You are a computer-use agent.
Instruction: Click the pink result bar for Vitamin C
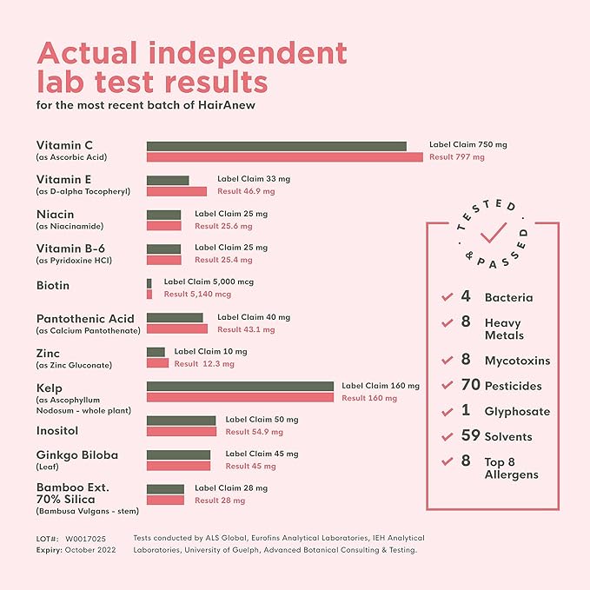[x=284, y=157]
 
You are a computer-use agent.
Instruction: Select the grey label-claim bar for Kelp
[x=240, y=386]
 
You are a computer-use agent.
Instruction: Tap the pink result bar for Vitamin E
[x=176, y=191]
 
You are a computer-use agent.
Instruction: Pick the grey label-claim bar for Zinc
[x=156, y=352]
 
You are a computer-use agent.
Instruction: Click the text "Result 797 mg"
[x=457, y=157]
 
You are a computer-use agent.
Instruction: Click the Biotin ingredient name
[x=53, y=286]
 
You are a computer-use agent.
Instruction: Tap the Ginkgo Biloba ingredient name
[x=77, y=454]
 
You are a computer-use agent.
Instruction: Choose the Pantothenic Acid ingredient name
[x=85, y=319]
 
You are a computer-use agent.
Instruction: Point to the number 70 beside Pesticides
[x=469, y=385]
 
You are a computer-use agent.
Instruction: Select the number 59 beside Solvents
[x=469, y=436]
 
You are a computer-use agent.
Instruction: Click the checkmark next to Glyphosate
[x=447, y=411]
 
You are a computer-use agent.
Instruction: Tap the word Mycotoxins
[x=517, y=361]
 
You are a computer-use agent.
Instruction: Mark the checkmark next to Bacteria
[x=447, y=297]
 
